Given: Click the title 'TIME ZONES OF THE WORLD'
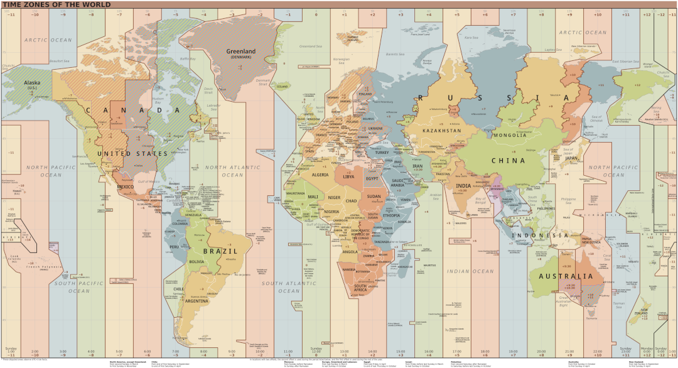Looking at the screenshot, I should [56, 4].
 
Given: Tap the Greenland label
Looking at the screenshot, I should [241, 51].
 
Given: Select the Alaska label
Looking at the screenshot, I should [31, 83].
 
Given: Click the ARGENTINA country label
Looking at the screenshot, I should [195, 301].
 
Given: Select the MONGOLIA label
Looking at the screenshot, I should [510, 136].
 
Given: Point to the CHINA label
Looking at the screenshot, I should [508, 161].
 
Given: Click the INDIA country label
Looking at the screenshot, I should [463, 186].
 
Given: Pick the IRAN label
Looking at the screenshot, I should [417, 166].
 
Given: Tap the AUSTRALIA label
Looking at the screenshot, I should [565, 276].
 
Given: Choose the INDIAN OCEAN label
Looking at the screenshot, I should [470, 271].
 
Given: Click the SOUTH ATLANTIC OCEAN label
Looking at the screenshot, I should [289, 287].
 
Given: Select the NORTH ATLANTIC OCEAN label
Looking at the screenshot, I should [233, 171].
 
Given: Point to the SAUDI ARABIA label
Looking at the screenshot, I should [398, 183].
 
